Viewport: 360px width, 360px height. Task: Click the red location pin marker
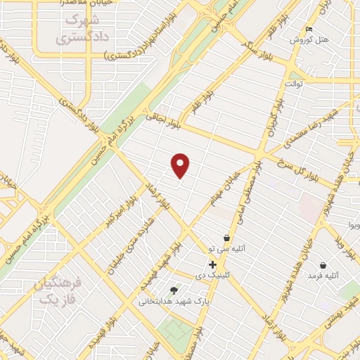[x=181, y=165]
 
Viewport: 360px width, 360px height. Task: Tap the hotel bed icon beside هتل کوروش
[x=310, y=30]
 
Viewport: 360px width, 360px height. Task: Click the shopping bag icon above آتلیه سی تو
[x=226, y=238]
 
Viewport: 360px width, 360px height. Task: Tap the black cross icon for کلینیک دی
[x=212, y=264]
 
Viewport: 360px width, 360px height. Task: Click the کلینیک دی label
[x=209, y=274]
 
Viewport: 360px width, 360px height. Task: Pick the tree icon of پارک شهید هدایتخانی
[x=174, y=290]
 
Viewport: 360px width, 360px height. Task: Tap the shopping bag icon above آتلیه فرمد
[x=322, y=265]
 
